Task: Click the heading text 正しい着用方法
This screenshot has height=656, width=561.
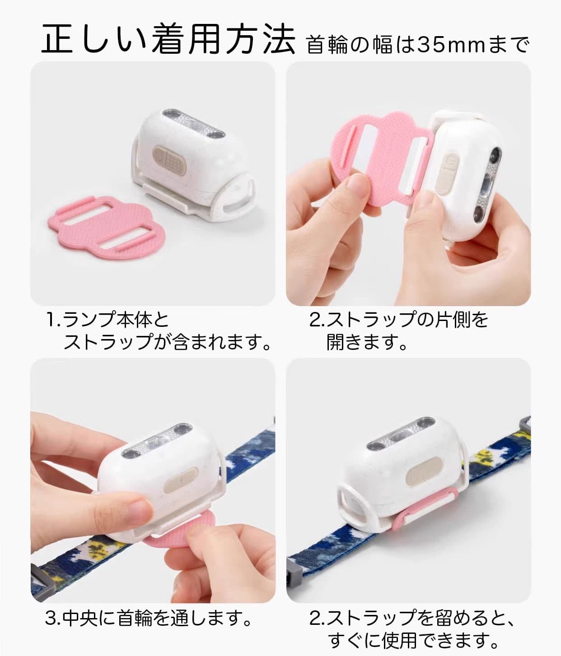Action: pyautogui.click(x=168, y=40)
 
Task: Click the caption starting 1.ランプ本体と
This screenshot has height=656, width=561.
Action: pyautogui.click(x=108, y=320)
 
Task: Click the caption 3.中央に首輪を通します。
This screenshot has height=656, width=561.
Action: pyautogui.click(x=148, y=617)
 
